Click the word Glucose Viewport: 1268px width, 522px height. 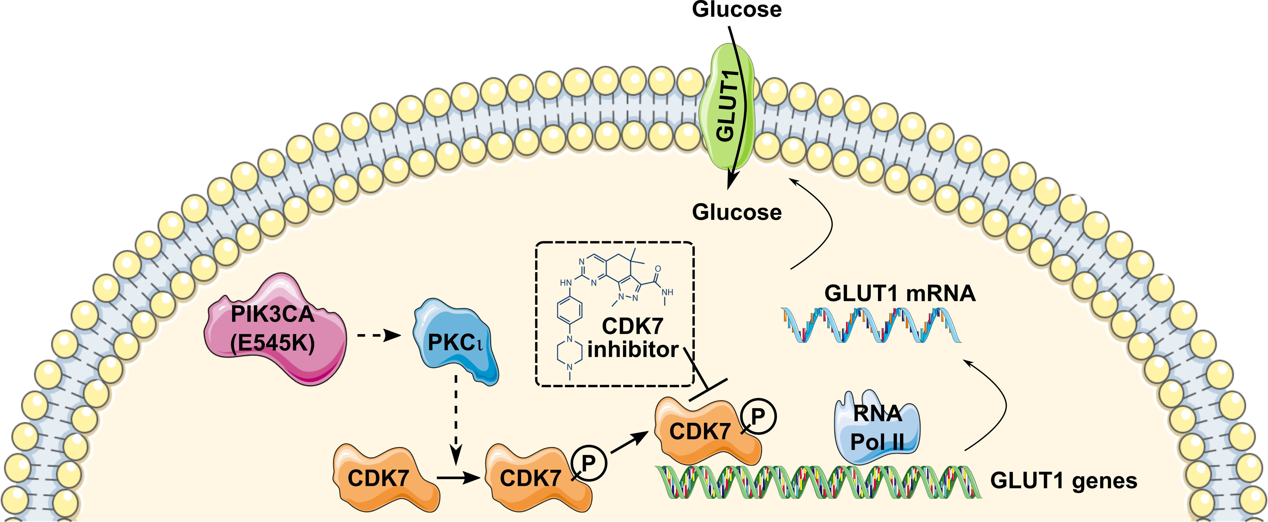[736, 212]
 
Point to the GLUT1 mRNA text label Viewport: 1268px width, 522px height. [899, 293]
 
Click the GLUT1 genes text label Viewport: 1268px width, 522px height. [1063, 480]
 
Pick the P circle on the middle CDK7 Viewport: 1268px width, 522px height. [589, 463]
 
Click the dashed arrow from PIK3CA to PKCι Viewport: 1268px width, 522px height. [379, 337]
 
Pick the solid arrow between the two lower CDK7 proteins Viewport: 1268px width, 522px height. [458, 477]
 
